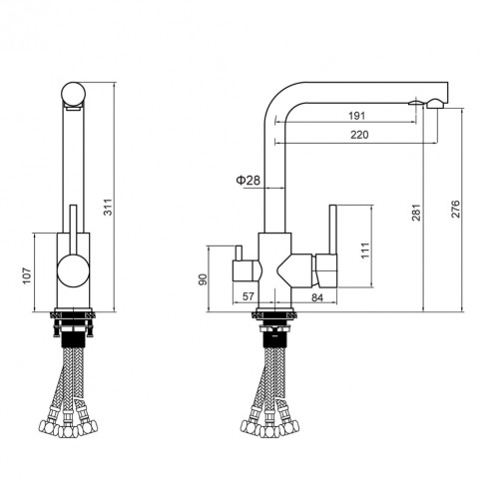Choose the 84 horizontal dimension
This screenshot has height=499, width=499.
[316, 296]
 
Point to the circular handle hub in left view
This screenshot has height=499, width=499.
[71, 270]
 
